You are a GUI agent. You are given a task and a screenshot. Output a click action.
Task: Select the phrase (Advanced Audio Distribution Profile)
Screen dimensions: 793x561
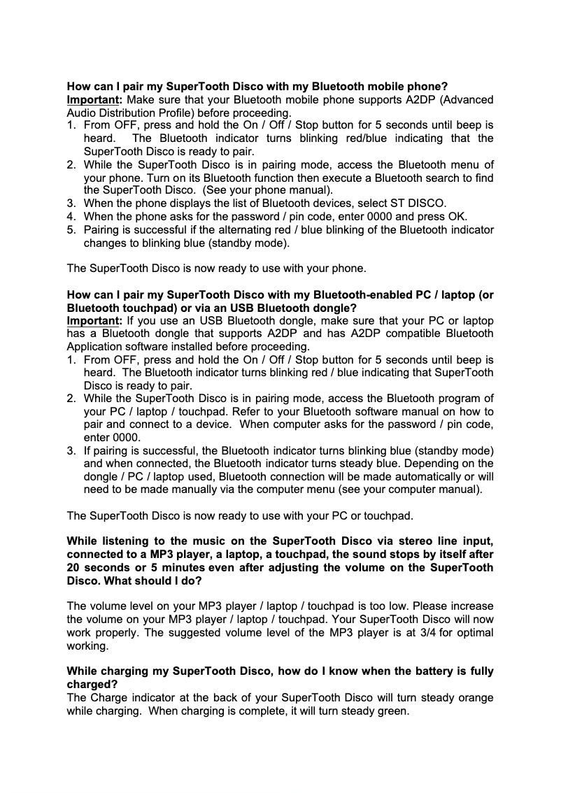point(280,106)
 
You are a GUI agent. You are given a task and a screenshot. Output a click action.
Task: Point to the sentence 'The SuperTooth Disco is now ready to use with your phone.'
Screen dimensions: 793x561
point(216,269)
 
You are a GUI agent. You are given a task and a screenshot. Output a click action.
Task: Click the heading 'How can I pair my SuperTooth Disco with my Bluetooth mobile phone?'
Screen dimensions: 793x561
point(257,87)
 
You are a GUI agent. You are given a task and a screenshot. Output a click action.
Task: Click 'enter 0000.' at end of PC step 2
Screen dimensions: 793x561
point(106,437)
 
